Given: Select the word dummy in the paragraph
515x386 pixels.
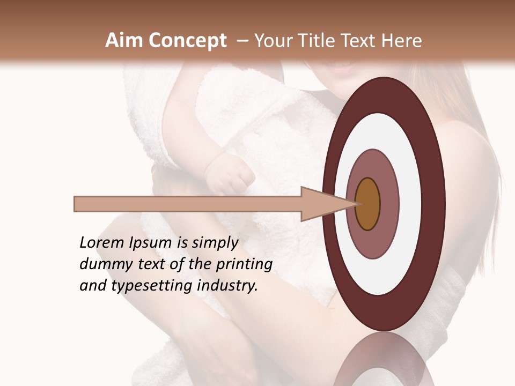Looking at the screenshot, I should [x=102, y=264].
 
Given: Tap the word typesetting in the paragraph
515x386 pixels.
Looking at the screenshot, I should [x=158, y=286].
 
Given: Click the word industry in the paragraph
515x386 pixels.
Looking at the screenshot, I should [x=227, y=286].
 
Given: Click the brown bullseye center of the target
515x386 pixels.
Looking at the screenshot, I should [x=368, y=204].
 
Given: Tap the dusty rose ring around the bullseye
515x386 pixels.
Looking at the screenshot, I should [x=389, y=204].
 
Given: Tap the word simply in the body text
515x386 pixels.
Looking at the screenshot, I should [x=214, y=243].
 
